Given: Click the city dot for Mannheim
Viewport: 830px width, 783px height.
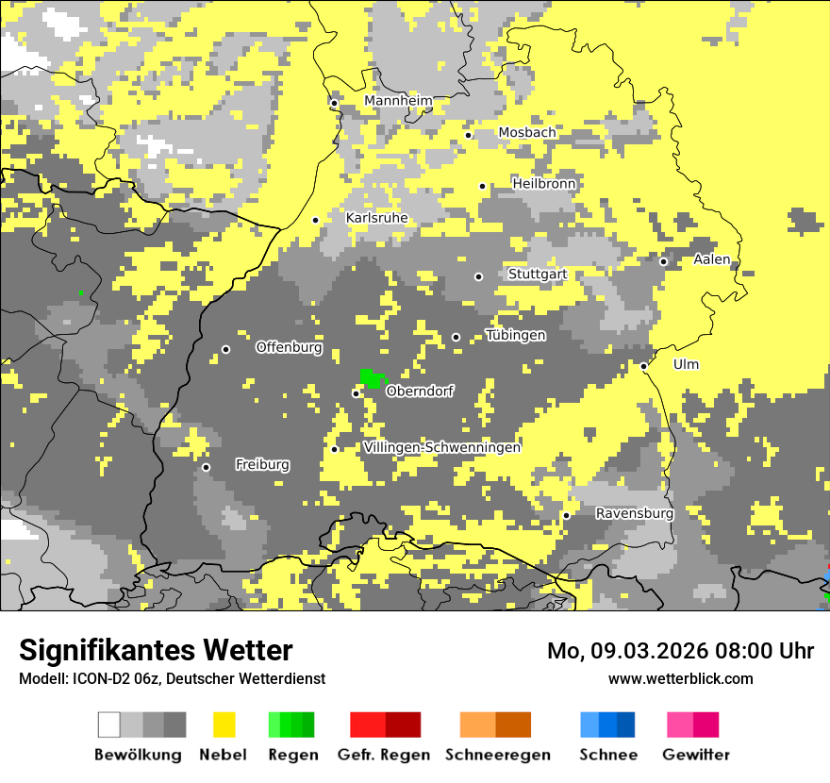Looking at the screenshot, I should tap(334, 103).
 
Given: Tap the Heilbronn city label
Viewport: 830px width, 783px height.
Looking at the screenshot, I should tap(543, 184).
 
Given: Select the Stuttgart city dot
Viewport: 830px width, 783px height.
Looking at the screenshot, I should tap(478, 276).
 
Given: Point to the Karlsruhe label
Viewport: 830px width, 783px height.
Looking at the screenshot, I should tap(377, 218).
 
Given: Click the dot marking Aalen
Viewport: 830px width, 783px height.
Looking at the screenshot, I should tap(663, 261).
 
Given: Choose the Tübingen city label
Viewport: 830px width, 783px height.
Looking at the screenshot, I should tap(515, 335).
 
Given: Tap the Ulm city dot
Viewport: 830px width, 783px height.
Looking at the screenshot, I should tap(643, 366).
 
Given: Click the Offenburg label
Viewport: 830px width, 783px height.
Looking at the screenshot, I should tap(289, 347).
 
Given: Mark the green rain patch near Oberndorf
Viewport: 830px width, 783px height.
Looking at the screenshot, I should tap(372, 378).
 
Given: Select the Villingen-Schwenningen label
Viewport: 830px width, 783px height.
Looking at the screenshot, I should tap(441, 447).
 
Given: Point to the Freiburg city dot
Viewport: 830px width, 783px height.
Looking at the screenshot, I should tap(206, 467).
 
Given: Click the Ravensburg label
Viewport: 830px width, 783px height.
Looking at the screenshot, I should tap(635, 513).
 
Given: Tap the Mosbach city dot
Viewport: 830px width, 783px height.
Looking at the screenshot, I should tap(468, 135).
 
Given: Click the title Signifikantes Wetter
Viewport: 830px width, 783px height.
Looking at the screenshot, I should tap(156, 651).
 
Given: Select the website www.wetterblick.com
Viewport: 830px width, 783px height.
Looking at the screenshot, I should tap(681, 678).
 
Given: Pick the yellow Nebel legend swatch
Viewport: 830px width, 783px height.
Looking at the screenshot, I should tap(224, 725).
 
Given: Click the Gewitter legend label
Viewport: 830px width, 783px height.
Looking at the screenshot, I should tap(696, 755).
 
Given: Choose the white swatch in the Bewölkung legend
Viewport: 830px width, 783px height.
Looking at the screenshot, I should tap(109, 725).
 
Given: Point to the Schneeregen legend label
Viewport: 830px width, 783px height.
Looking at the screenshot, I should tap(498, 755).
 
